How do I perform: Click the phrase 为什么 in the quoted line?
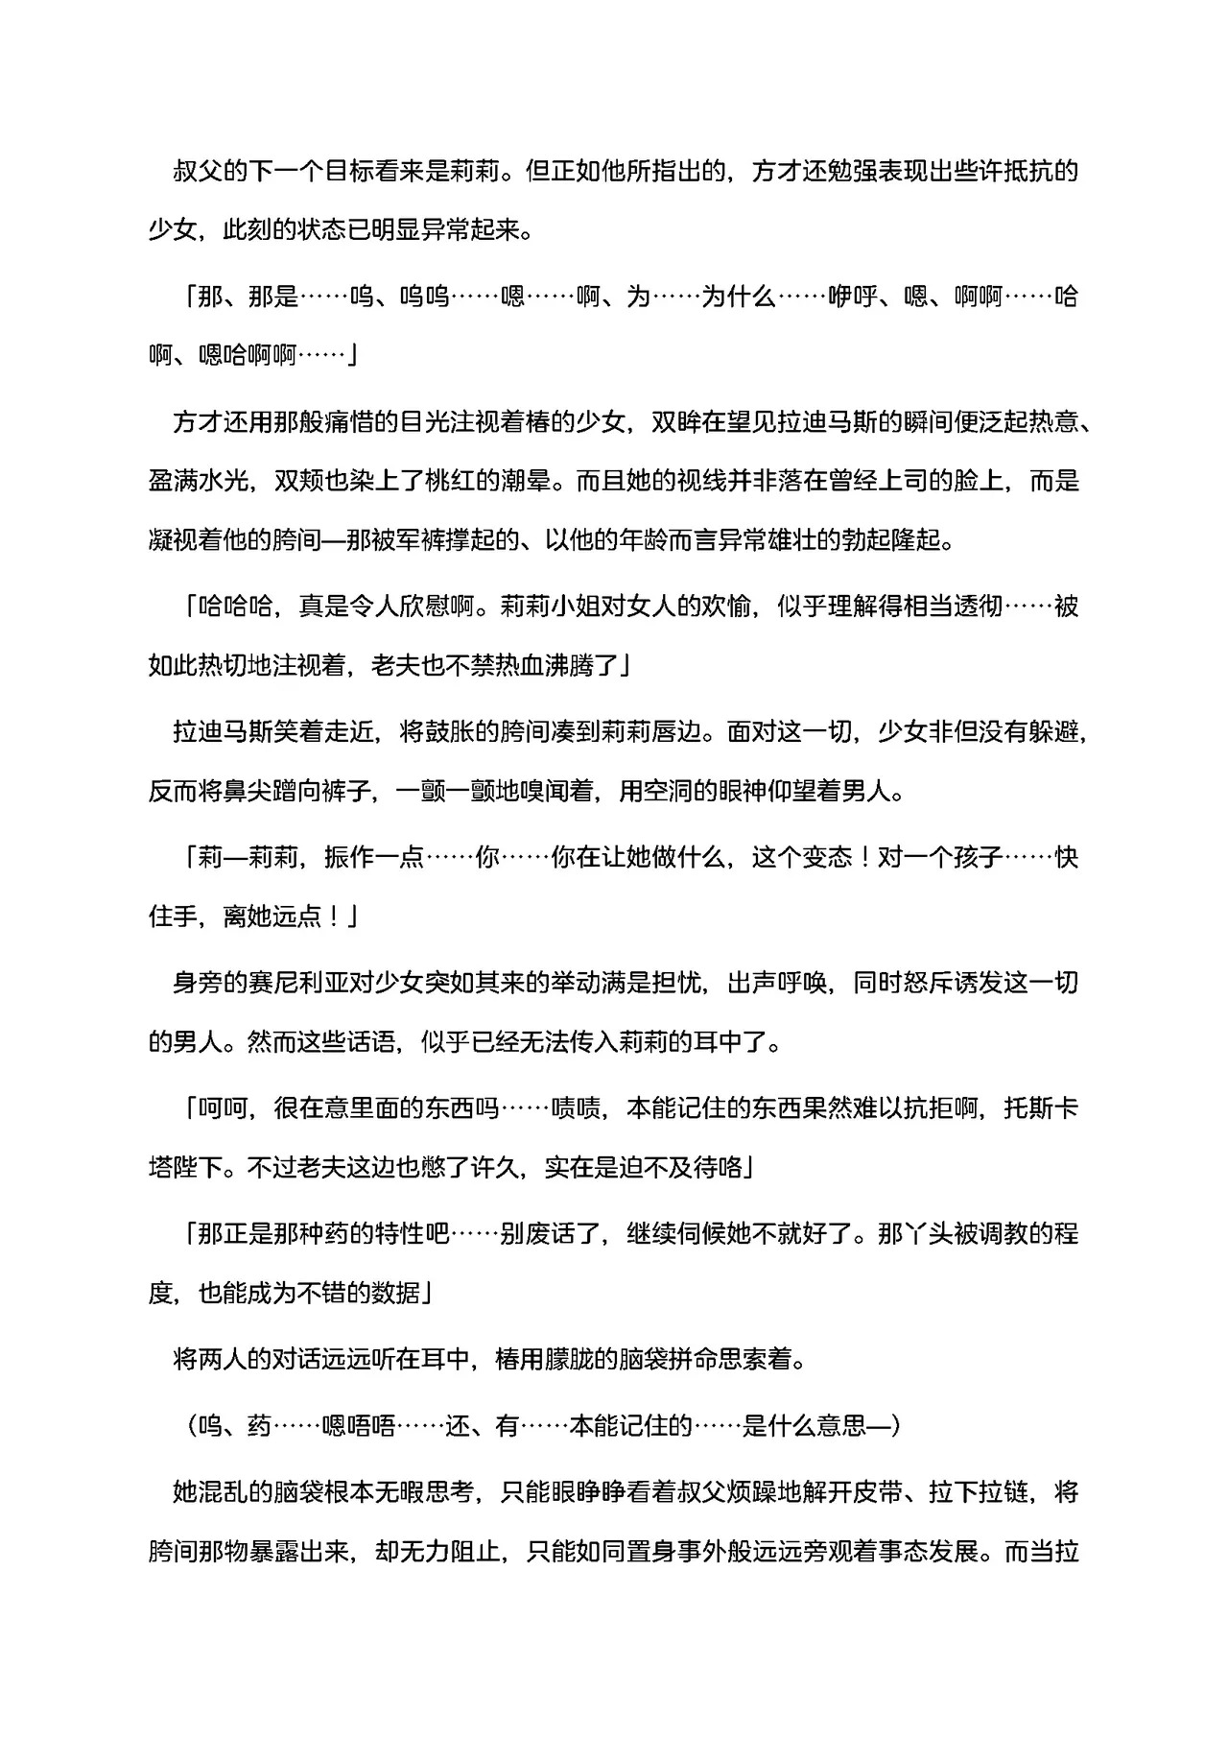[x=739, y=297]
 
